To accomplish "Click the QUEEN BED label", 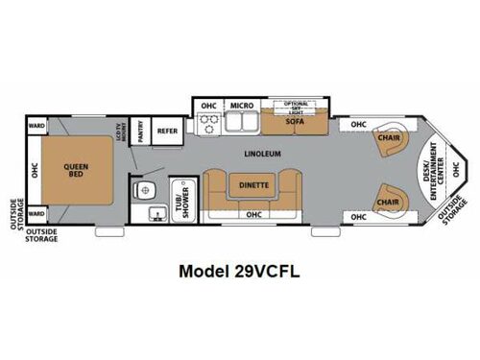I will tap(77, 170).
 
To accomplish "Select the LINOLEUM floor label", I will tap(262, 153).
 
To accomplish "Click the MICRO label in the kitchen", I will tap(241, 105).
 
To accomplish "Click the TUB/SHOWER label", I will tap(179, 196).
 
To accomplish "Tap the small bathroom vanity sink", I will tap(140, 188).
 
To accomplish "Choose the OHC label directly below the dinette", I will tap(254, 216).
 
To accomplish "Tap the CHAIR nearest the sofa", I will tap(389, 136).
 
